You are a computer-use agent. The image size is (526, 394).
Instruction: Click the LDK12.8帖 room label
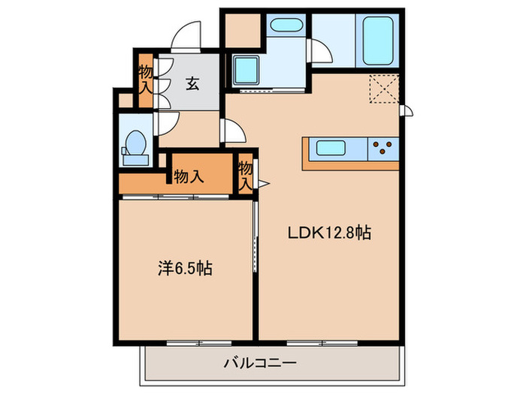pos(329,233)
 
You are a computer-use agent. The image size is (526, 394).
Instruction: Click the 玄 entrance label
pos(192,85)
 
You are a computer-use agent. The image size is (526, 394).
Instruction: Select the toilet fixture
pos(137,143)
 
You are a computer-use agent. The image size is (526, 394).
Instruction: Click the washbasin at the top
pos(286,27)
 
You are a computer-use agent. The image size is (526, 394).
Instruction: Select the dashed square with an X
pos(385,89)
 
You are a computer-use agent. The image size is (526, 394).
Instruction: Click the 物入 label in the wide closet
pos(188,177)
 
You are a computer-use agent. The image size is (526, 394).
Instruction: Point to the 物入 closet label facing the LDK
pos(245,177)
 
